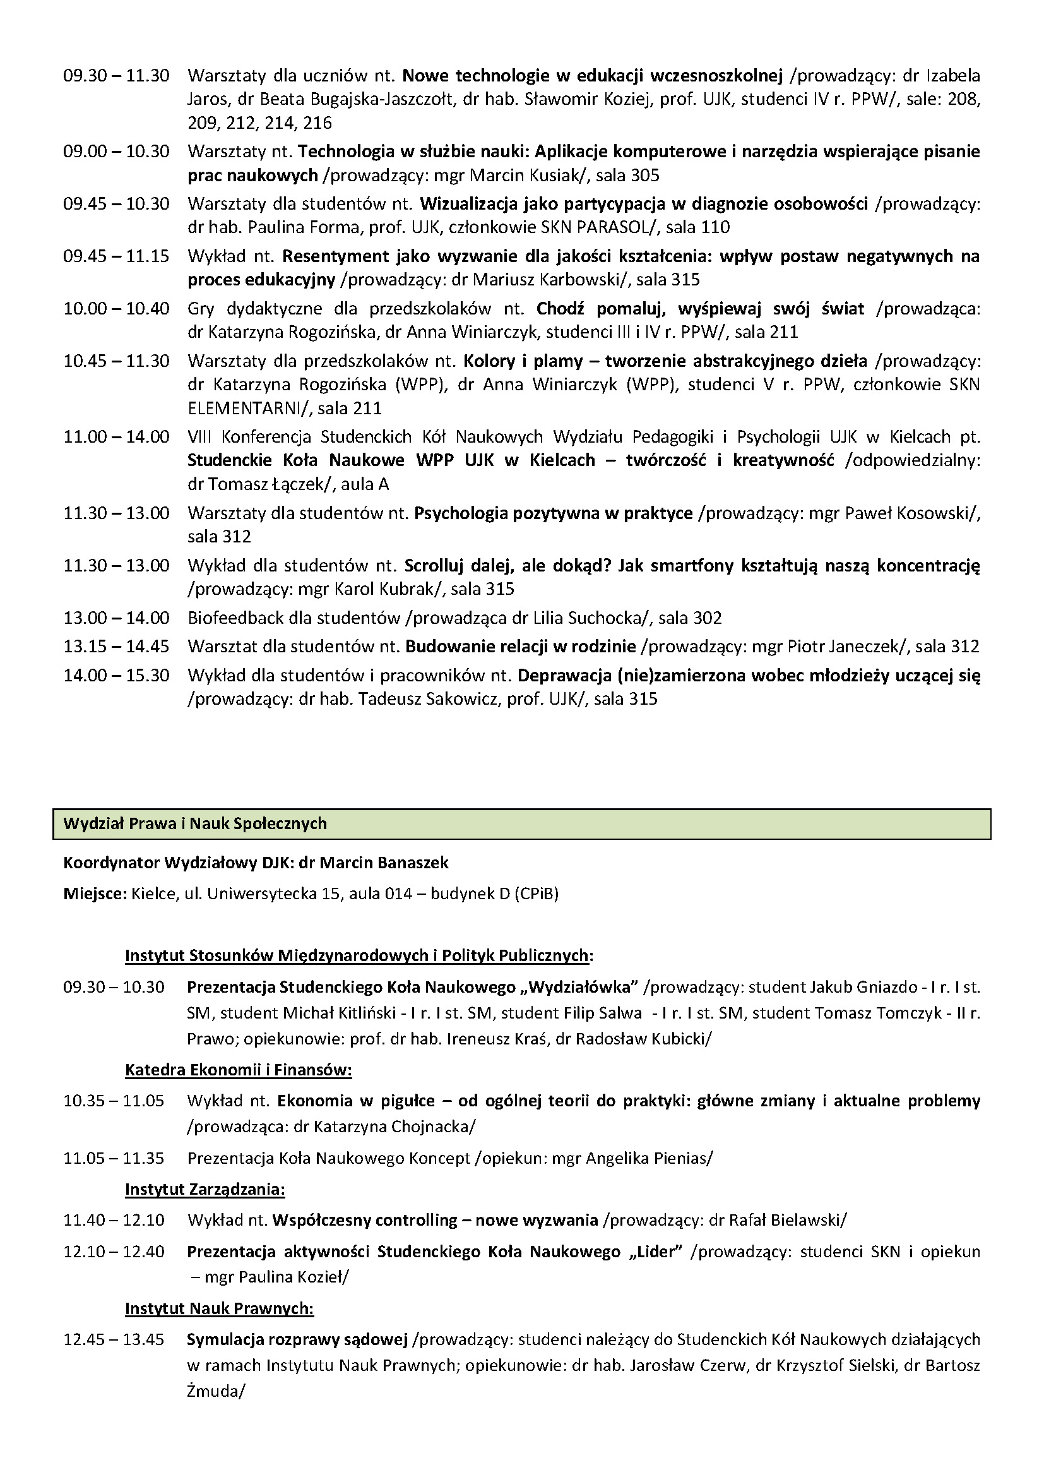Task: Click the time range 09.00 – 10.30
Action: point(116,152)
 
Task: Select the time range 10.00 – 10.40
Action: point(116,309)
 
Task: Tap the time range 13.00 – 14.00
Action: point(116,618)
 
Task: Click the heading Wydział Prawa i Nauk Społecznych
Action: point(195,824)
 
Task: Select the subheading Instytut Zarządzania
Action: point(205,1189)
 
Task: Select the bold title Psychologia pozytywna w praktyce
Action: point(554,513)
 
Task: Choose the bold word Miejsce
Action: point(95,894)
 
